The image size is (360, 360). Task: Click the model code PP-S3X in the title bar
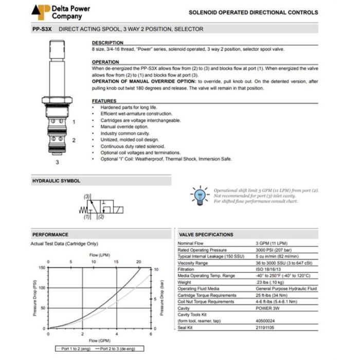pyautogui.click(x=42, y=29)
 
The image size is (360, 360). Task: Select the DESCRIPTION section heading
pyautogui.click(x=107, y=43)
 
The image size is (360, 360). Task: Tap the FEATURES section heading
pyautogui.click(x=103, y=101)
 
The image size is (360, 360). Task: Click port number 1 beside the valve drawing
pyautogui.click(x=74, y=122)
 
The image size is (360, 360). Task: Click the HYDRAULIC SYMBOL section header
pyautogui.click(x=56, y=181)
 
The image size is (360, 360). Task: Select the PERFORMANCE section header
pyautogui.click(x=50, y=235)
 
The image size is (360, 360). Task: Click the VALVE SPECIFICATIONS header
pyautogui.click(x=205, y=235)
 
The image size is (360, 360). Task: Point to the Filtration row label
pyautogui.click(x=186, y=269)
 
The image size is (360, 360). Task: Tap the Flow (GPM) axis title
pyautogui.click(x=99, y=341)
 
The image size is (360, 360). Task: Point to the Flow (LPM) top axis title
pyautogui.click(x=99, y=255)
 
